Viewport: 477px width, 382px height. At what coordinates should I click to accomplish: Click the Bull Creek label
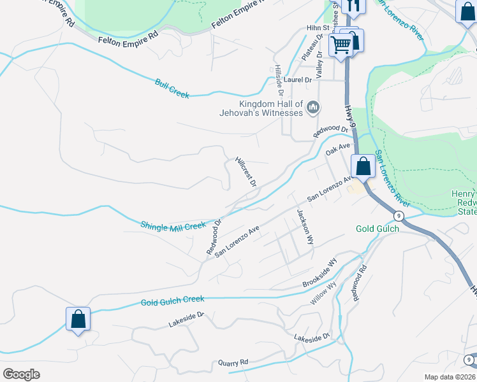[x=172, y=88]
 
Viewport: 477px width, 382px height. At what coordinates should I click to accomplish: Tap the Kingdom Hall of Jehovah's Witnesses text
[x=270, y=108]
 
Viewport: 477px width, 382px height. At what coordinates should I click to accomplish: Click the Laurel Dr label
[x=298, y=80]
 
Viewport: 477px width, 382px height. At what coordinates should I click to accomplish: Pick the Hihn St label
[x=317, y=28]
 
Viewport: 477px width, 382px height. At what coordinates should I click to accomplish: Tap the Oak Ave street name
[x=338, y=150]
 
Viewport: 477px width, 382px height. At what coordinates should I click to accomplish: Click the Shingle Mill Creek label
[x=173, y=225]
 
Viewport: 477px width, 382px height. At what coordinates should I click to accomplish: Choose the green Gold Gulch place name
[x=376, y=229]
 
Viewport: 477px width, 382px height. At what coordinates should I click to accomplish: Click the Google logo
[x=21, y=374]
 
